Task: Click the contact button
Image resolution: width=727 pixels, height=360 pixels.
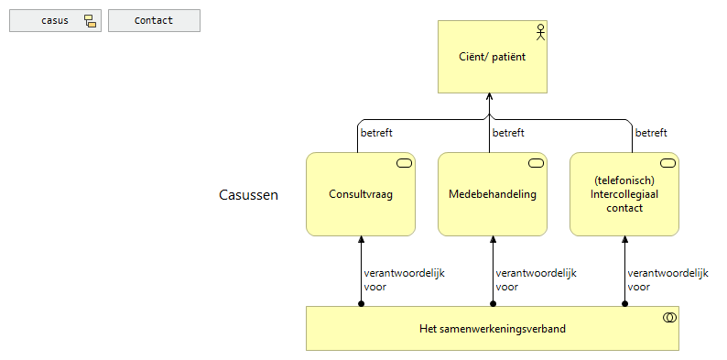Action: pos(154,21)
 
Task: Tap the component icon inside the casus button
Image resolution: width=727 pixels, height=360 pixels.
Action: pos(90,21)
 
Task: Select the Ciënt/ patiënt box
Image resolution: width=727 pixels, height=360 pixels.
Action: pos(493,57)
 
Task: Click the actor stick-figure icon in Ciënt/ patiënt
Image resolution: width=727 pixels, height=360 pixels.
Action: pos(539,32)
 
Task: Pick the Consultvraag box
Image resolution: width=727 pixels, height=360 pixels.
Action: pos(361,194)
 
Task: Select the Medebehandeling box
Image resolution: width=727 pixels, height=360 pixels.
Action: pos(493,194)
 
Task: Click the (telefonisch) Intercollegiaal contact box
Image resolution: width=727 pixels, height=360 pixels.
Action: pos(624,194)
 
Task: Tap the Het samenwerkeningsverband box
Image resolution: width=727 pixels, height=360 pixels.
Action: pos(493,329)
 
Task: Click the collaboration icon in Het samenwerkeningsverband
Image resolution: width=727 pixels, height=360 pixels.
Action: pos(668,318)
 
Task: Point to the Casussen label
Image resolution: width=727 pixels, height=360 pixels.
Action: pos(249,195)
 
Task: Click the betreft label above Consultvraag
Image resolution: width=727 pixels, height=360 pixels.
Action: pos(376,133)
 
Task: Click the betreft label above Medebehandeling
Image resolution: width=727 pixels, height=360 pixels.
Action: pos(508,133)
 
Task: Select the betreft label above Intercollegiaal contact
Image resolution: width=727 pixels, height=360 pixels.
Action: pos(651,133)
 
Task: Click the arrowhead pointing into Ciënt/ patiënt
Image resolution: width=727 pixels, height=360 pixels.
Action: pos(490,98)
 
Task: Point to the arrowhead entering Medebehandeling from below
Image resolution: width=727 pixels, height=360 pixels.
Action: pos(493,240)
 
